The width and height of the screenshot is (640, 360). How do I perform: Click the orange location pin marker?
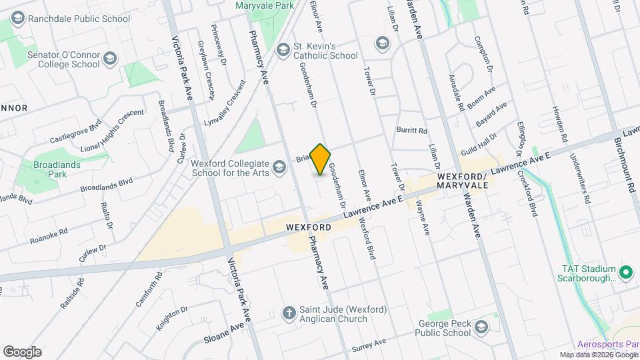pyautogui.click(x=321, y=159)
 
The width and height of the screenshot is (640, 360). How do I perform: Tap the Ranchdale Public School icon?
pyautogui.click(x=18, y=19)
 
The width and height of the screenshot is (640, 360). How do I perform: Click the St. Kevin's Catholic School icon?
pyautogui.click(x=282, y=48)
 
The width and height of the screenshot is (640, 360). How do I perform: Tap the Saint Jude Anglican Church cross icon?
pyautogui.click(x=289, y=313)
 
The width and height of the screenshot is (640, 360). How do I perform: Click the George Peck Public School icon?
pyautogui.click(x=481, y=327)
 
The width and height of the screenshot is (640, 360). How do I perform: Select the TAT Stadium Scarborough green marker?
pyautogui.click(x=625, y=273)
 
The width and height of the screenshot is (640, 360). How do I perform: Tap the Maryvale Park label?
pyautogui.click(x=265, y=5)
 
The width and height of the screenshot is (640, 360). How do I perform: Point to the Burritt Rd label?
pyautogui.click(x=411, y=131)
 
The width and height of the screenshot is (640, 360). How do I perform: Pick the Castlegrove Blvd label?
pyautogui.click(x=75, y=132)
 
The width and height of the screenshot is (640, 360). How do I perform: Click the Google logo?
pyautogui.click(x=22, y=351)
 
